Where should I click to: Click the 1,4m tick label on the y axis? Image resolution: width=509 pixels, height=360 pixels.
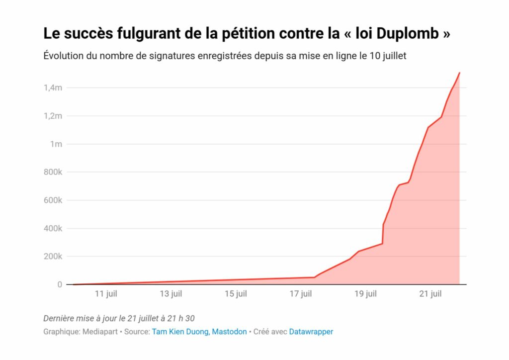point(53,88)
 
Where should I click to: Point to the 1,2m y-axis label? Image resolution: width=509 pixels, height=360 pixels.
point(53,116)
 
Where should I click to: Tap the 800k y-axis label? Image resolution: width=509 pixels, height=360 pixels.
point(52,173)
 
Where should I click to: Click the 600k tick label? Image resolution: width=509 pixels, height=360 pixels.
point(52,200)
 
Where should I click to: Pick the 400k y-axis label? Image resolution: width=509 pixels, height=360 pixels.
point(52,229)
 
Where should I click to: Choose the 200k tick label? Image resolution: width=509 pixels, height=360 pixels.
point(52,257)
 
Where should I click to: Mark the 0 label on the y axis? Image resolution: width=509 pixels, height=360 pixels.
point(59,285)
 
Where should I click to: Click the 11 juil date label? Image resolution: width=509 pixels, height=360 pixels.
point(106,294)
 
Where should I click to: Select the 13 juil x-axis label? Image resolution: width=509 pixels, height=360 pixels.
point(170,294)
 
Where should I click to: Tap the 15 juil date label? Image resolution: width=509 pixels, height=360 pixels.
point(236,294)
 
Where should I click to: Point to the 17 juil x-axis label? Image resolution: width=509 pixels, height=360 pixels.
point(300,294)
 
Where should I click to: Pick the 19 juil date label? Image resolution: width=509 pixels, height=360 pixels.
point(365,294)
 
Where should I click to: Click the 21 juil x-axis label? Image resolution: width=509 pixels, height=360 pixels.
point(430,294)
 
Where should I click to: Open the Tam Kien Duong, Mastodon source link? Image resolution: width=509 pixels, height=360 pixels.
point(199,332)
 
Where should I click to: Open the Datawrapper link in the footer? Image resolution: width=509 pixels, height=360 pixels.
point(311,332)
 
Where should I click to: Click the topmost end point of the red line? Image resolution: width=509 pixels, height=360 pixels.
point(459,73)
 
